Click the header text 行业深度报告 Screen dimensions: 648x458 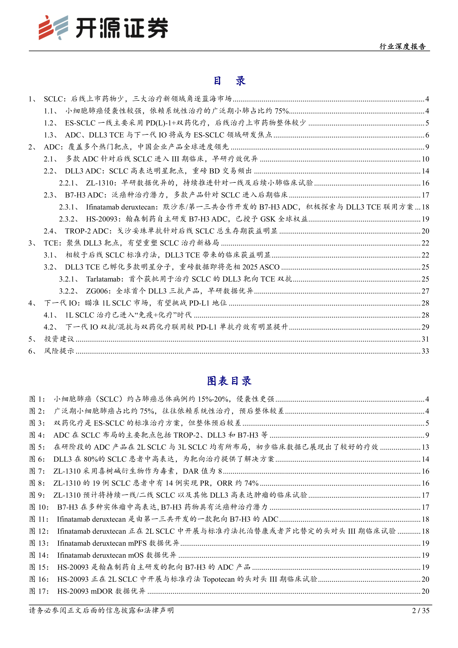pyautogui.click(x=402, y=47)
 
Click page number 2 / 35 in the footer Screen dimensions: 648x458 pyautogui.click(x=421, y=611)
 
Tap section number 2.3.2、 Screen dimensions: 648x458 pyautogui.click(x=69, y=219)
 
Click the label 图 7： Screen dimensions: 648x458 pyautogui.click(x=37, y=471)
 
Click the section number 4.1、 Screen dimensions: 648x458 pyautogui.click(x=51, y=315)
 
